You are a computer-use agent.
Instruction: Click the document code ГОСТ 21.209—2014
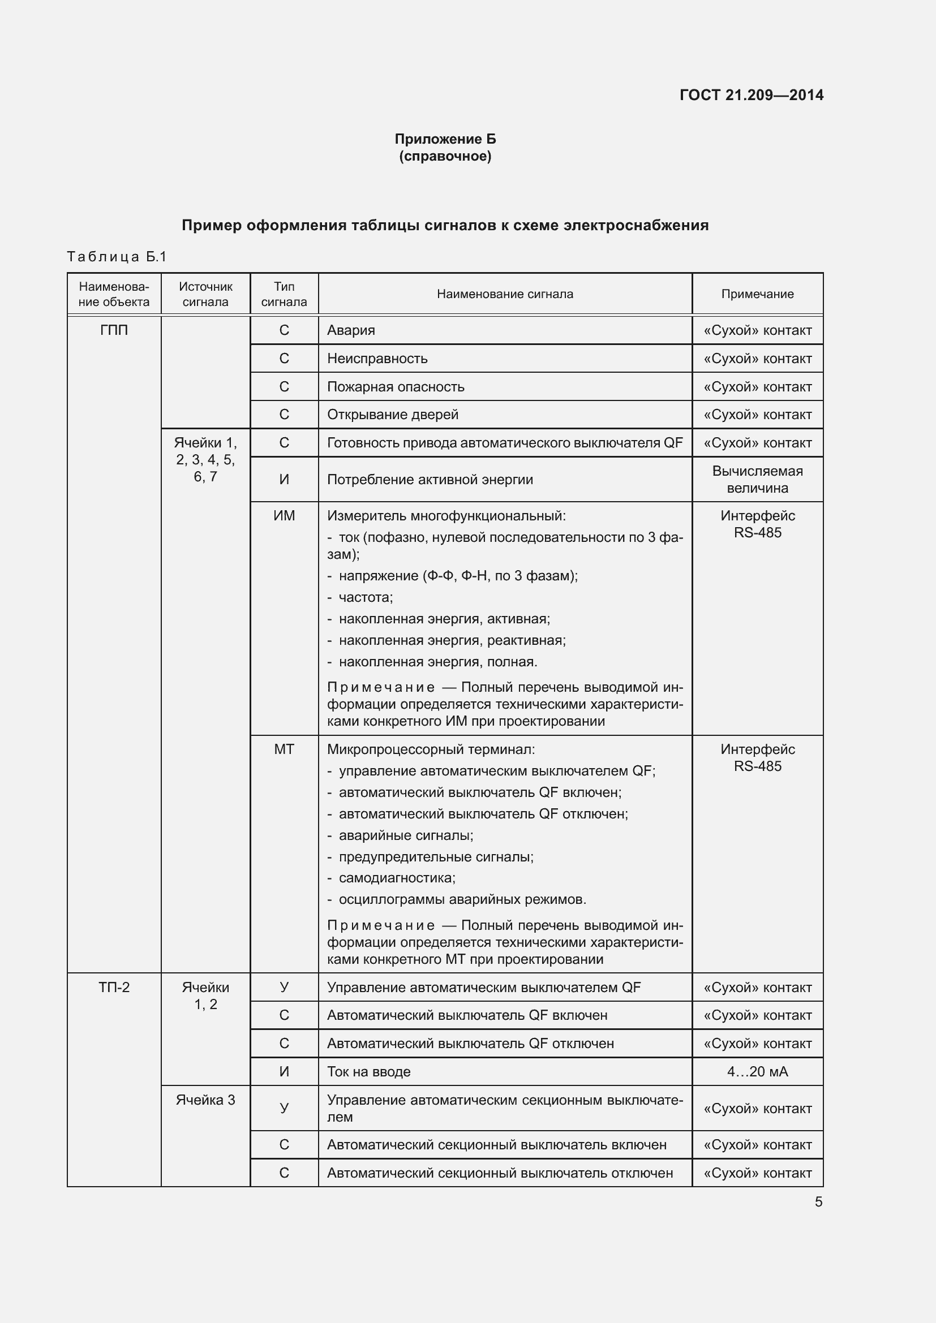coord(751,95)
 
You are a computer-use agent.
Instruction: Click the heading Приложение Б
coord(445,139)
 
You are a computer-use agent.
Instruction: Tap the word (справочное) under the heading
coord(445,156)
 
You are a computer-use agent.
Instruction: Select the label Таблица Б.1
coord(117,256)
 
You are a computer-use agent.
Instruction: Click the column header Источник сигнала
coord(205,294)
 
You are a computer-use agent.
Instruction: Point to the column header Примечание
coord(757,294)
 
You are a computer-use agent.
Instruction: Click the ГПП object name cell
coord(114,330)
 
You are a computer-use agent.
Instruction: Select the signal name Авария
coord(351,330)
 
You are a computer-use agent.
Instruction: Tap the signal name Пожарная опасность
coord(396,387)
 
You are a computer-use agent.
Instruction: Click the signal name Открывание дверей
coord(393,414)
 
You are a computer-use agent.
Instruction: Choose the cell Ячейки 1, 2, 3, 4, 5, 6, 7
coord(205,459)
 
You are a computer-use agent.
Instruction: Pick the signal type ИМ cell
coord(284,516)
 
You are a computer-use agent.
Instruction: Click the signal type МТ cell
coord(284,749)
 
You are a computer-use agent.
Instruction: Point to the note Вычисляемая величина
coord(757,480)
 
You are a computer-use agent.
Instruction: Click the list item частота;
coord(366,597)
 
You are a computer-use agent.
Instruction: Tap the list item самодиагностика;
coord(397,878)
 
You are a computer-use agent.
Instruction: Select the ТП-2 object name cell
coord(114,987)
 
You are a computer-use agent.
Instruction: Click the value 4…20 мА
coord(757,1071)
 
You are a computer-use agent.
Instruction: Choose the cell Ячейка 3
coord(205,1100)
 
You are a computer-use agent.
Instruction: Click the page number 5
coord(818,1202)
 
